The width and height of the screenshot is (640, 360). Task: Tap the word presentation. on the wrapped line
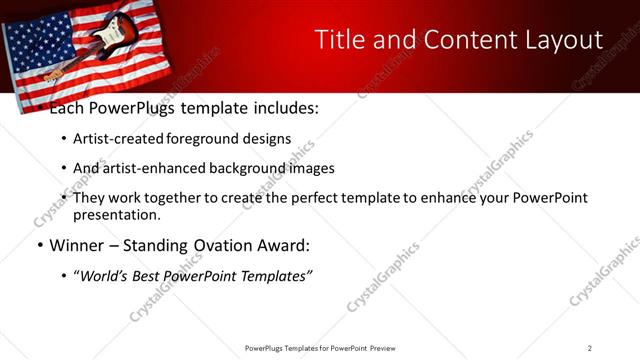(116, 215)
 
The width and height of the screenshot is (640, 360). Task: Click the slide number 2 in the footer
(589, 348)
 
